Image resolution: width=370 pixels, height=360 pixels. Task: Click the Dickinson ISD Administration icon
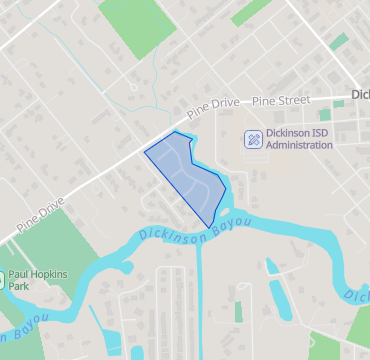(254, 139)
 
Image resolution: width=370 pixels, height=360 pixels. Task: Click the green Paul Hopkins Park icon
(3, 279)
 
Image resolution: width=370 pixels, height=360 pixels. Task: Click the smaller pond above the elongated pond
(271, 265)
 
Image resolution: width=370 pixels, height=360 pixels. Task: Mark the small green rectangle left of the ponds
(238, 311)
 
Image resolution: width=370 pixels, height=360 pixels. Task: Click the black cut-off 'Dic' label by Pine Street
(360, 96)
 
